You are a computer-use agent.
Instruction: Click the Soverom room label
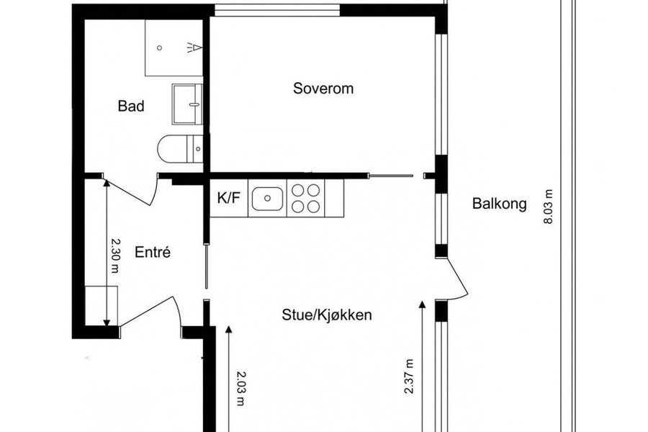pyautogui.click(x=323, y=89)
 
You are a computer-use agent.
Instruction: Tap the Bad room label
pyautogui.click(x=131, y=106)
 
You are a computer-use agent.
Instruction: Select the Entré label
pyautogui.click(x=153, y=252)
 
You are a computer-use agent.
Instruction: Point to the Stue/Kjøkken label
pyautogui.click(x=326, y=315)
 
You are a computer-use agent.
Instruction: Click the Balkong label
pyautogui.click(x=500, y=203)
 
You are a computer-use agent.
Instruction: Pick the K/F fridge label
pyautogui.click(x=228, y=198)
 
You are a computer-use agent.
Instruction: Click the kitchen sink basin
pyautogui.click(x=267, y=199)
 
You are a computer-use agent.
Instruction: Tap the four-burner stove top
pyautogui.click(x=305, y=198)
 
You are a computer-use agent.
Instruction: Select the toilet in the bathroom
pyautogui.click(x=181, y=148)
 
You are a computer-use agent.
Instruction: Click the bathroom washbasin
pyautogui.click(x=188, y=104)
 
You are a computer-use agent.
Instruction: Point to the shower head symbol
pyautogui.click(x=195, y=48)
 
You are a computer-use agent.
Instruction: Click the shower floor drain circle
pyautogui.click(x=160, y=48)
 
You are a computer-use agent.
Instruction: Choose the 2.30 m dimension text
pyautogui.click(x=114, y=255)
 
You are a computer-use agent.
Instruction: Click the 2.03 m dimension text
pyautogui.click(x=240, y=388)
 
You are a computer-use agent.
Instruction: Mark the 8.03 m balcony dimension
pyautogui.click(x=548, y=207)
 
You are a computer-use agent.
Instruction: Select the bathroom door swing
pyautogui.click(x=132, y=192)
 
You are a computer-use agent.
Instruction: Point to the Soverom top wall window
pyautogui.click(x=277, y=10)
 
